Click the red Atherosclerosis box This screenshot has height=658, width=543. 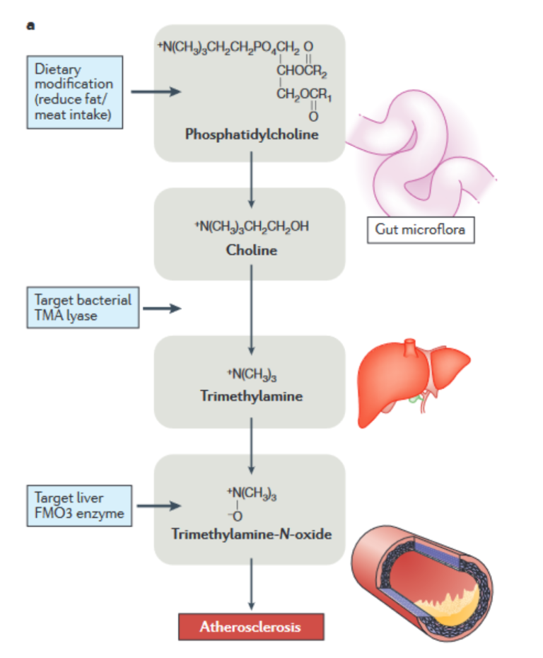(250, 627)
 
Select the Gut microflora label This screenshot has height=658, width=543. (420, 231)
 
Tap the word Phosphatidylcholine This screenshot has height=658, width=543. (252, 134)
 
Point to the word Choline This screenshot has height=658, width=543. (251, 250)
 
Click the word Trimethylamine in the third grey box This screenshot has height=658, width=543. (251, 396)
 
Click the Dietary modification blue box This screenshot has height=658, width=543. (74, 93)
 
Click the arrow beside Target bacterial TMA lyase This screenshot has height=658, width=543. (162, 308)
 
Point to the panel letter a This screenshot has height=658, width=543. (30, 26)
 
